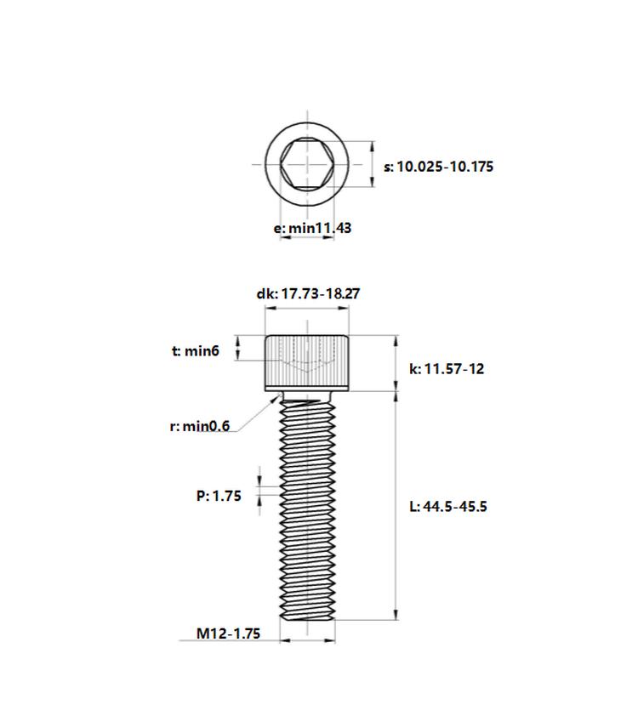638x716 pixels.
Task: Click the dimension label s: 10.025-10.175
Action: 438,167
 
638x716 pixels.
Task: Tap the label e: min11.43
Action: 312,228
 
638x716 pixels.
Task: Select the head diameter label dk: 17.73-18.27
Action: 308,293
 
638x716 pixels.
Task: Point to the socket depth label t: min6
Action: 196,350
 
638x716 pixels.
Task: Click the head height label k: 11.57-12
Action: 447,369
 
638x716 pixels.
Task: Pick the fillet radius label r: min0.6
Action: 200,426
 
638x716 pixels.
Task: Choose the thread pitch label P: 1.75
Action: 219,496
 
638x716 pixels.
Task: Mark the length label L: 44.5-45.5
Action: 448,507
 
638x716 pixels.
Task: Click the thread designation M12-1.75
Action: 228,634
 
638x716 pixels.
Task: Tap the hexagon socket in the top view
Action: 307,164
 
